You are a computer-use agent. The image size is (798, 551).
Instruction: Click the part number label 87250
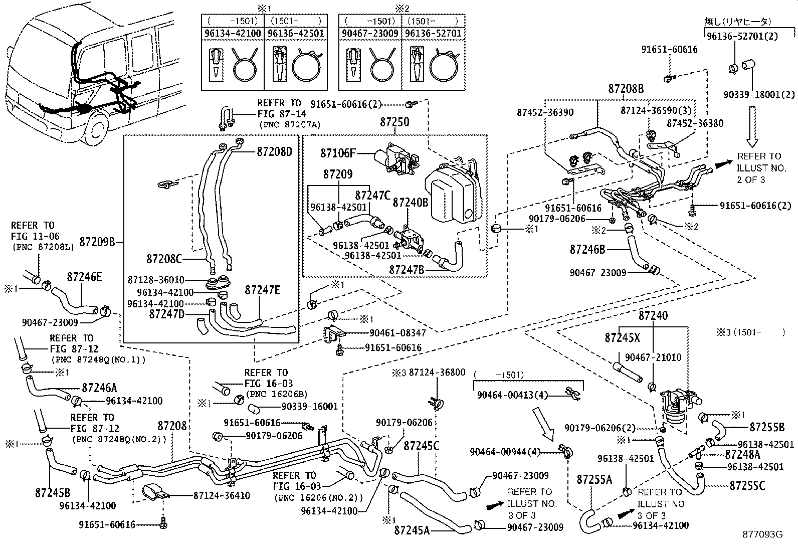(x=394, y=122)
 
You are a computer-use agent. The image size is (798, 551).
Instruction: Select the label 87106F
(x=338, y=153)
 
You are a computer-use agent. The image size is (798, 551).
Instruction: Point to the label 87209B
(x=98, y=243)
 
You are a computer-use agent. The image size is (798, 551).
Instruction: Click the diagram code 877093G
(x=762, y=534)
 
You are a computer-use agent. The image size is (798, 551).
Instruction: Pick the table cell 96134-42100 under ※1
(x=233, y=34)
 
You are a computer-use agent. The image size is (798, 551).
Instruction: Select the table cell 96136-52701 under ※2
(x=433, y=34)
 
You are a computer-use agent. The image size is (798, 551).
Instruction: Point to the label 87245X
(x=622, y=338)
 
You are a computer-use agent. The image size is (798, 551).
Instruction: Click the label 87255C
(x=747, y=486)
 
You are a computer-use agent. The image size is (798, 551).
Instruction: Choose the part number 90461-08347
(x=397, y=332)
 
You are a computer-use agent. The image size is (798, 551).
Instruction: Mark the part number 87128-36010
(x=155, y=280)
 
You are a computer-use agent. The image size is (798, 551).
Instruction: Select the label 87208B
(x=626, y=89)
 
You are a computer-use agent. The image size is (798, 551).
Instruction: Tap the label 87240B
(x=410, y=203)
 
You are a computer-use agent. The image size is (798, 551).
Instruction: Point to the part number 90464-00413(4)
(x=505, y=395)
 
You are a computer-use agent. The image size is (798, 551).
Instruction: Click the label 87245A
(x=412, y=529)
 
